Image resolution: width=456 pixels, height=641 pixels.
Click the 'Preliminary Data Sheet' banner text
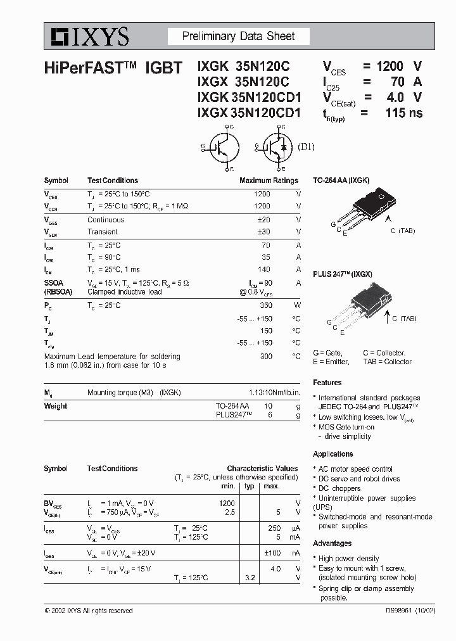[x=238, y=37]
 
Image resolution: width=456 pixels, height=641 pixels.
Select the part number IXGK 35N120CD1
[x=249, y=98]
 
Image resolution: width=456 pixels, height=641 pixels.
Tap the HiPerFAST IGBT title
[x=114, y=67]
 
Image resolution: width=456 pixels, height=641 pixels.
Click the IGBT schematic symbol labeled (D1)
[x=277, y=148]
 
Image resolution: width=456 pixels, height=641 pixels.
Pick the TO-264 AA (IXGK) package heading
[x=341, y=181]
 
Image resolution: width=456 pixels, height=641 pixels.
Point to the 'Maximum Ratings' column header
[x=269, y=181]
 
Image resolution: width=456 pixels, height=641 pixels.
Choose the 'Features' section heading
[x=327, y=383]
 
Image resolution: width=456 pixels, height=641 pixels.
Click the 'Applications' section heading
[x=333, y=454]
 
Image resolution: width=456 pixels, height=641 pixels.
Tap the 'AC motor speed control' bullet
[x=355, y=469]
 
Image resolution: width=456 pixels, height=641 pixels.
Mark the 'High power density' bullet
[x=348, y=559]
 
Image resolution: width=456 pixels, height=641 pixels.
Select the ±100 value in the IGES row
[x=272, y=553]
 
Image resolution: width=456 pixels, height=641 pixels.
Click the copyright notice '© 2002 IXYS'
[x=89, y=611]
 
